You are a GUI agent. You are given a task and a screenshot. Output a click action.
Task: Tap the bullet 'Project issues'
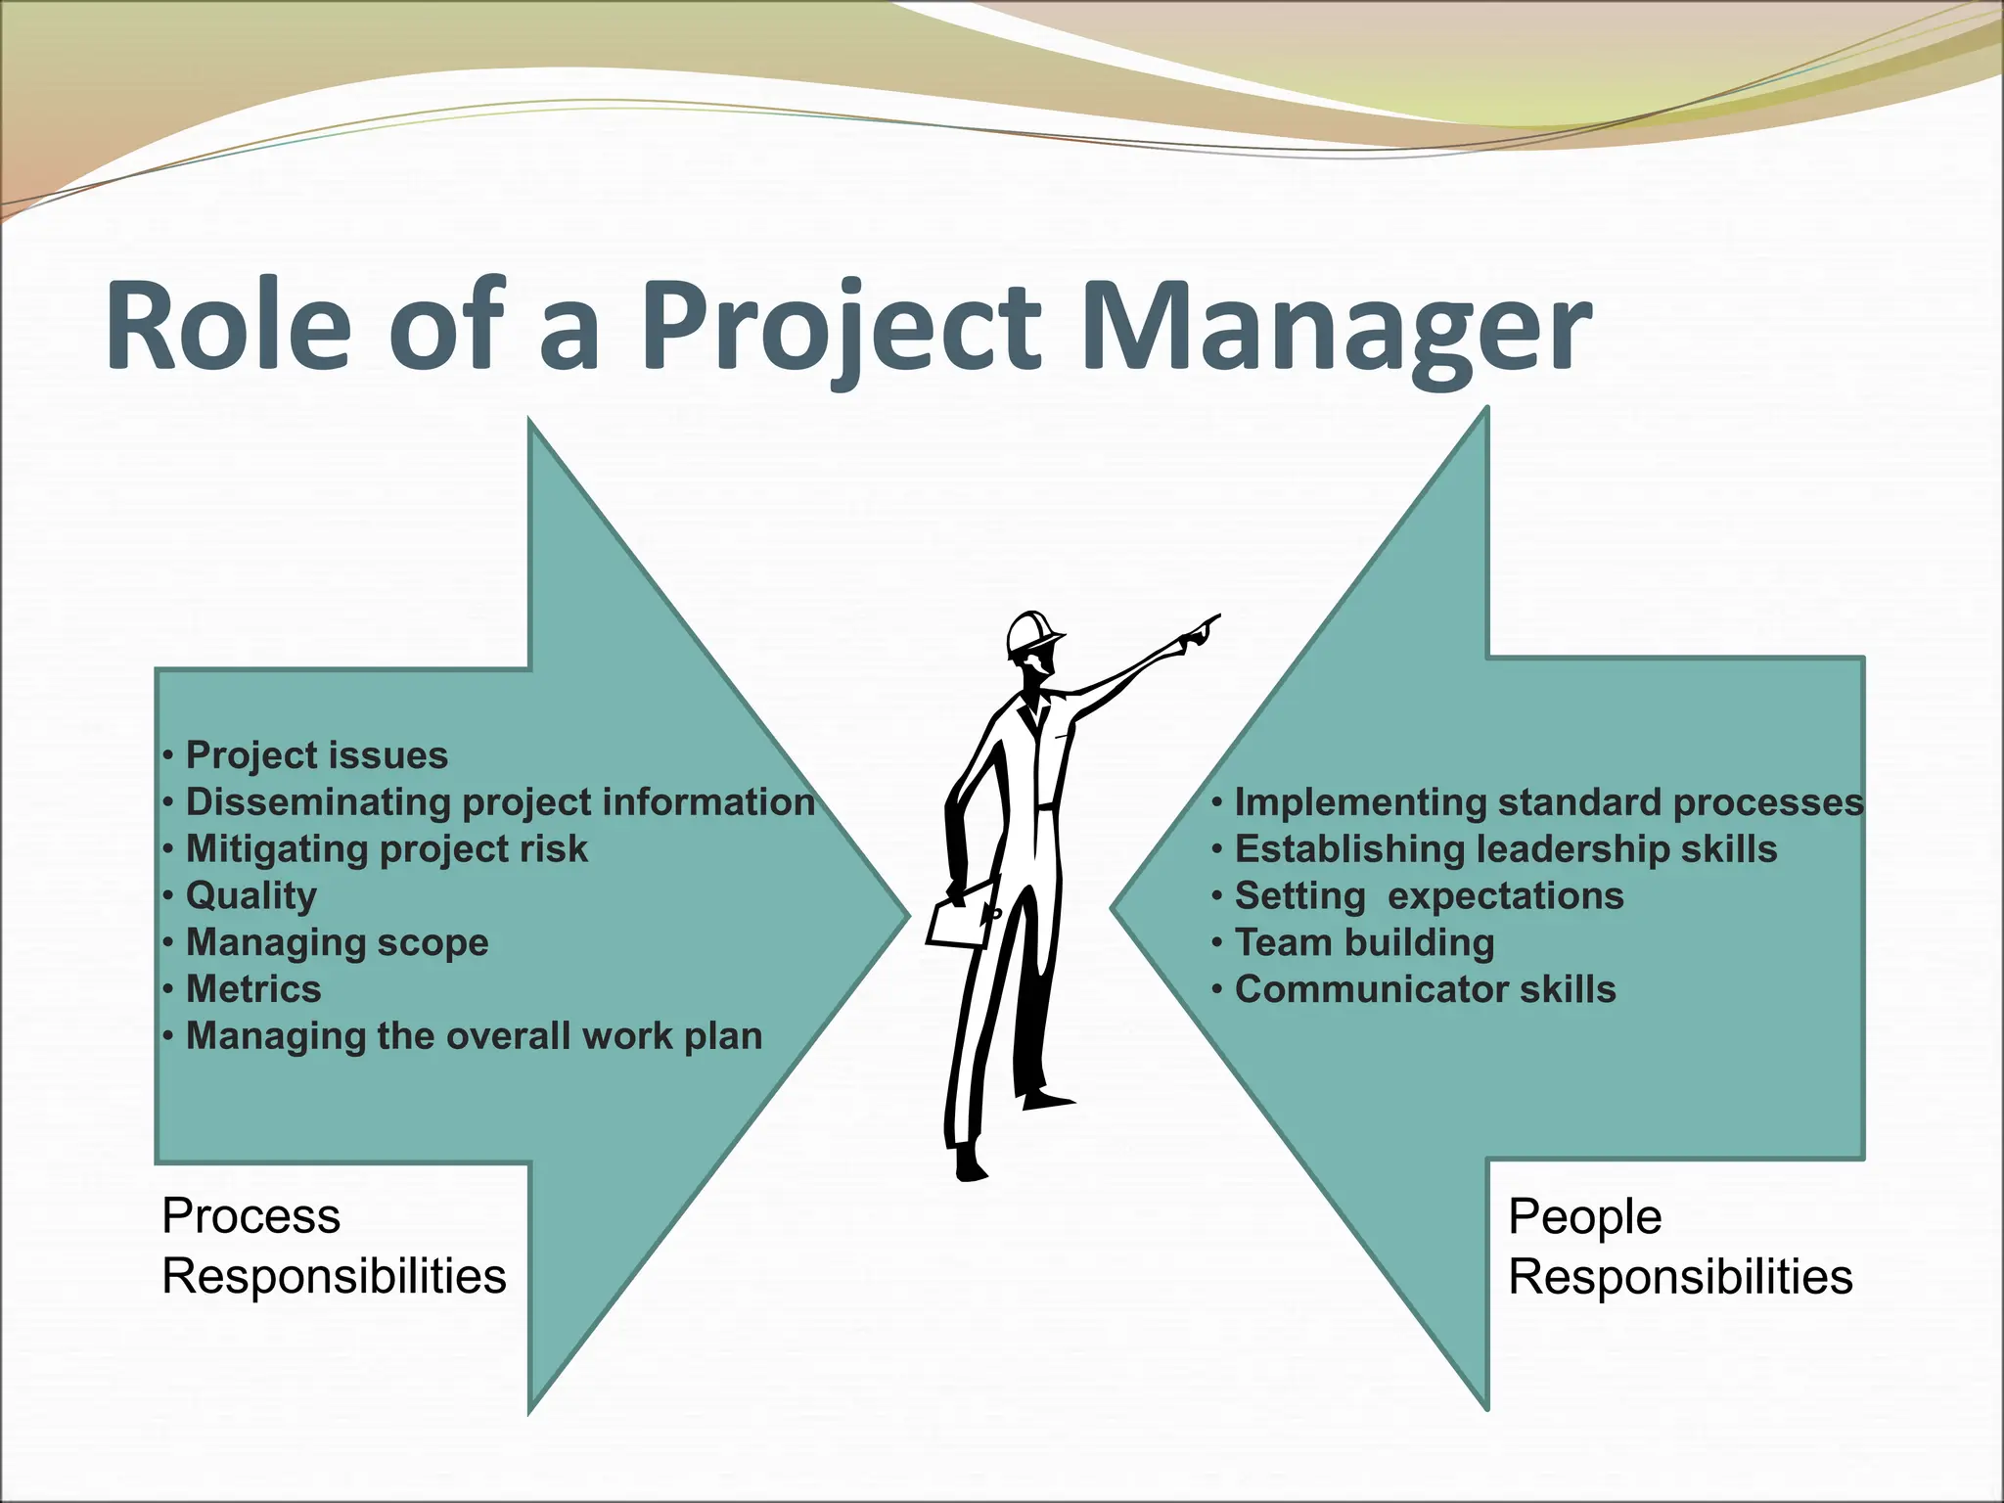[316, 755]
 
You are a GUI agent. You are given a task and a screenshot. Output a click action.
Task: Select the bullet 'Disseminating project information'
[500, 802]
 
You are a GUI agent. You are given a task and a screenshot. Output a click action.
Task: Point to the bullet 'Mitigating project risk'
[387, 849]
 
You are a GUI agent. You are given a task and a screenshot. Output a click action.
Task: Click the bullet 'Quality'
[251, 896]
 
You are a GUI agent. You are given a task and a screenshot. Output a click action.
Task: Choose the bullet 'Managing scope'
[337, 942]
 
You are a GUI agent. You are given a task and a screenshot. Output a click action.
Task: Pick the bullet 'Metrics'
[253, 989]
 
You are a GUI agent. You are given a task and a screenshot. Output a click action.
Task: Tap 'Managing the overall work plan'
[474, 1036]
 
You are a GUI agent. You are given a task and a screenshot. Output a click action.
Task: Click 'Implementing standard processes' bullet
[1548, 802]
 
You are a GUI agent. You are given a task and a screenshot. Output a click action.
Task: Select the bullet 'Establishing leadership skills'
[1505, 849]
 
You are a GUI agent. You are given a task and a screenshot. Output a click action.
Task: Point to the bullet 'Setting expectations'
[1429, 896]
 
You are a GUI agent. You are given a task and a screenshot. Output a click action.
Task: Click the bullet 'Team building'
[1364, 942]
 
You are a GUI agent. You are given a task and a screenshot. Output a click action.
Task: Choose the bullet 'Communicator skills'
[1425, 989]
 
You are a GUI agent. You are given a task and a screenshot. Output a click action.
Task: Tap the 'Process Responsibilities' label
[334, 1246]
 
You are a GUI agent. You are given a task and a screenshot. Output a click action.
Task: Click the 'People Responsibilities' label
[1680, 1247]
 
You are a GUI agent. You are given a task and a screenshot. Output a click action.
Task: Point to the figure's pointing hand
[1200, 631]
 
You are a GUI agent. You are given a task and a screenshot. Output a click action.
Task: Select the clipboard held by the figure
[960, 916]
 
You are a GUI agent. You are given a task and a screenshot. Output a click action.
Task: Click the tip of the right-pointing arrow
[904, 916]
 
